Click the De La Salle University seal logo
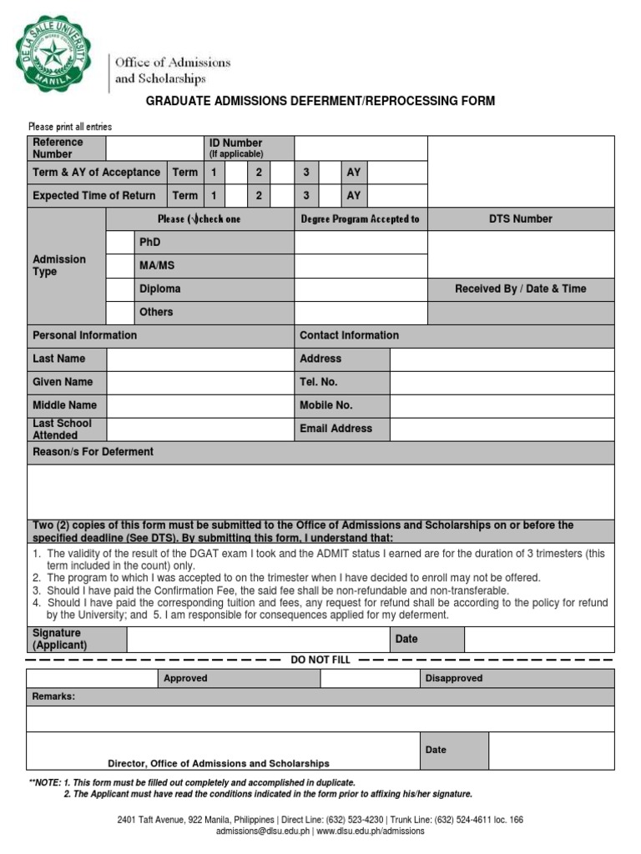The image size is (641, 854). coord(54,54)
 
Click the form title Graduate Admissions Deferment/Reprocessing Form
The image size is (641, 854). coord(320,101)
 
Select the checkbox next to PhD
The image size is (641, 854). coord(120,242)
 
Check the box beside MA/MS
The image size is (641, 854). coord(120,265)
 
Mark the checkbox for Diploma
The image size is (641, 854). coord(120,289)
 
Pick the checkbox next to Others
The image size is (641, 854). coord(120,312)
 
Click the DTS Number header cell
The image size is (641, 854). coord(520,219)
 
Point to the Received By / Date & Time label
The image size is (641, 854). coord(520,289)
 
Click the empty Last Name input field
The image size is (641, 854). coord(199,359)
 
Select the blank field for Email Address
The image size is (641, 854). coord(502,429)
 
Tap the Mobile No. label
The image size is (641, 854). coord(326,405)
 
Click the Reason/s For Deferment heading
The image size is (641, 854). coord(93,452)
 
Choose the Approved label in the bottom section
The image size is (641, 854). coord(185,679)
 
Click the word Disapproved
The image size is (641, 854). coord(453,679)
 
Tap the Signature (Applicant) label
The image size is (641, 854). coord(59,640)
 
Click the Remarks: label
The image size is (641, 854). coord(53,696)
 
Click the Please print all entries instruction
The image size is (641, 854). coord(70,127)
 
